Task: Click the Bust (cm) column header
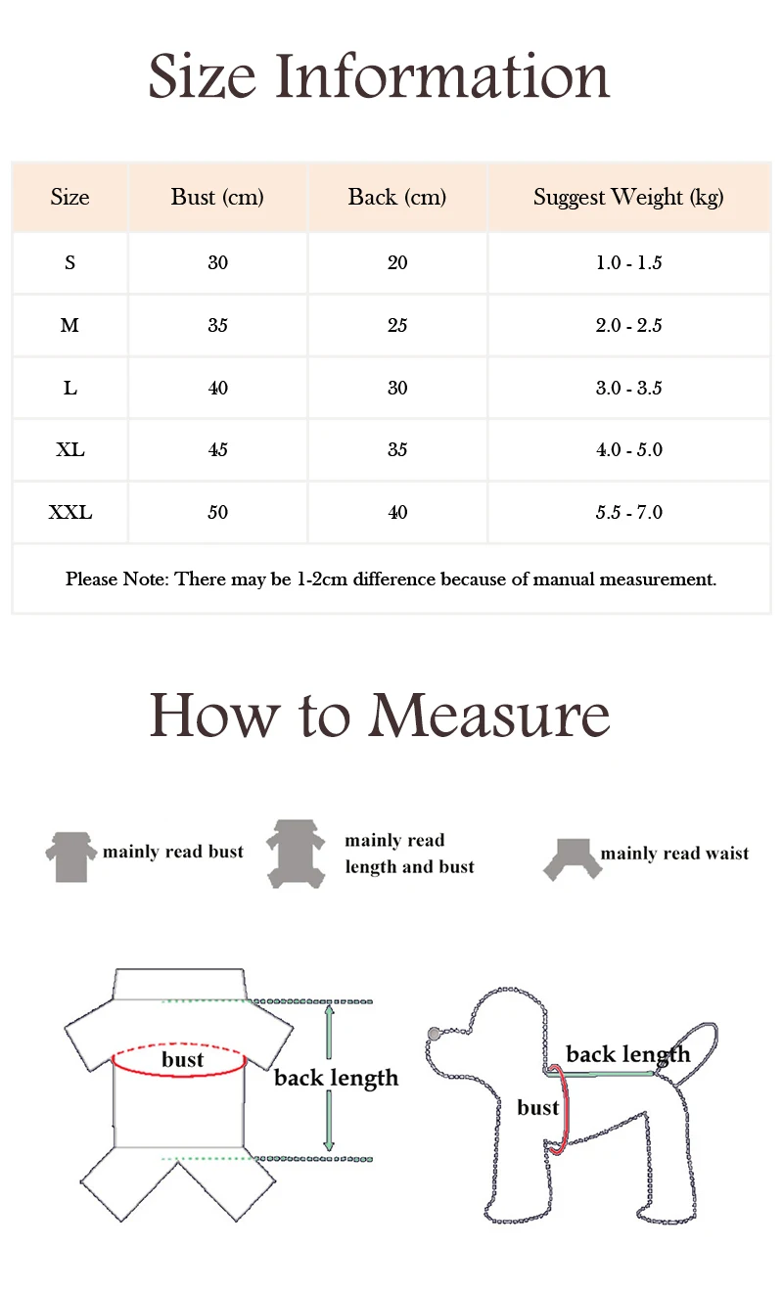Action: (x=217, y=197)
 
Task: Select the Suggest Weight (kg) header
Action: (x=628, y=197)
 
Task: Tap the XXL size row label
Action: (x=69, y=512)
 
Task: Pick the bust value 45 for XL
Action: (x=217, y=449)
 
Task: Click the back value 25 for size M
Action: (x=397, y=325)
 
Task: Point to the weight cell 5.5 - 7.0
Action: (x=628, y=512)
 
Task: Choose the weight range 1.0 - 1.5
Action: (x=628, y=262)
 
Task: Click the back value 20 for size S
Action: (x=397, y=262)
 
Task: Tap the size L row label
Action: (x=69, y=388)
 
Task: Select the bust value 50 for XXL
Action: (x=217, y=512)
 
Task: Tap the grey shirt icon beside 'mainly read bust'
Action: (x=71, y=854)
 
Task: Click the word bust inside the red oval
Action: (x=182, y=1060)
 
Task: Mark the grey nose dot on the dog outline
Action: (x=435, y=1034)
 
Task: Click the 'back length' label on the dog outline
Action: (x=627, y=1054)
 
